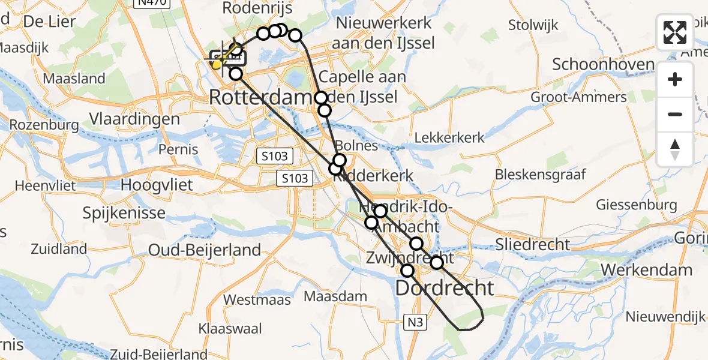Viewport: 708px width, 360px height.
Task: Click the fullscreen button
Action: click(675, 32)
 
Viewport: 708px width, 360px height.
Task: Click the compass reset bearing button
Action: click(675, 149)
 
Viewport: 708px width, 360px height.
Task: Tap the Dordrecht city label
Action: click(445, 289)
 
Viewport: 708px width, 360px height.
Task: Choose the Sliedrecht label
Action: click(533, 244)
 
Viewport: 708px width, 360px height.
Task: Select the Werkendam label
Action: click(646, 270)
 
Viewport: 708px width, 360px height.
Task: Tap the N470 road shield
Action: click(151, 2)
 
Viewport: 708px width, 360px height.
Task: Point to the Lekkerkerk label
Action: click(449, 137)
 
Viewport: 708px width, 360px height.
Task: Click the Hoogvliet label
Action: click(157, 185)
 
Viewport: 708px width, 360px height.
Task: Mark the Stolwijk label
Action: click(533, 25)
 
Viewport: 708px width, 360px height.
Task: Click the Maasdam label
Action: click(335, 296)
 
